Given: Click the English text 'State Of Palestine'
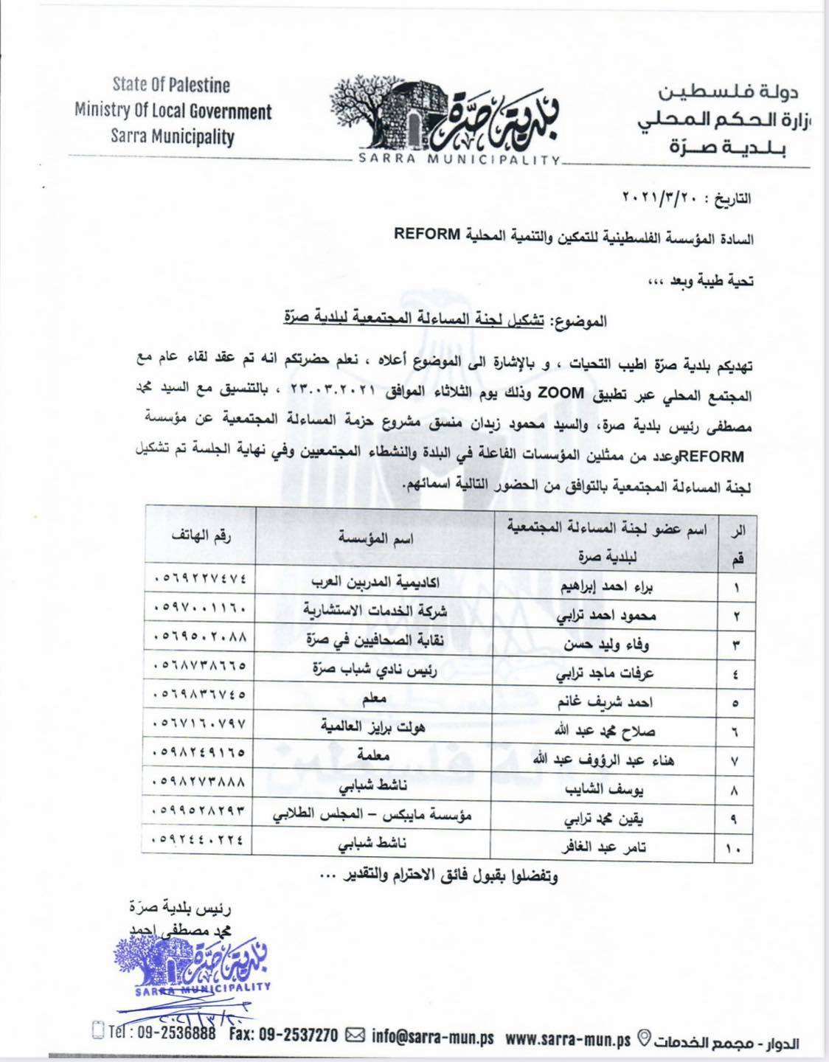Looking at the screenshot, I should tap(171, 86).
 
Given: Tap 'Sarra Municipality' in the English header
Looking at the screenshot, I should tap(172, 137).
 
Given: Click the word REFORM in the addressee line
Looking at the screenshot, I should tap(425, 235).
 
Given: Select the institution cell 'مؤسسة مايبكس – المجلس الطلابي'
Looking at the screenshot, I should tap(373, 816).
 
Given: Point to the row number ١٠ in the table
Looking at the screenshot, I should tap(735, 850).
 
